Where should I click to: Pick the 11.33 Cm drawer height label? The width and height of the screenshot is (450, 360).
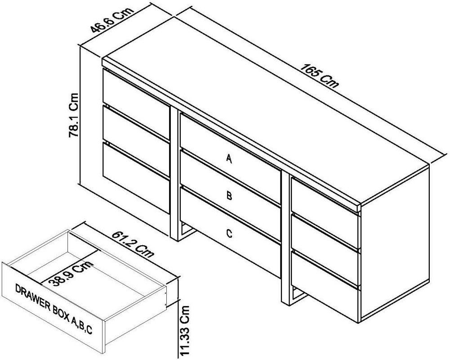(x=184, y=331)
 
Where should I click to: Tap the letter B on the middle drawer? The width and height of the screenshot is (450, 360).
(x=229, y=196)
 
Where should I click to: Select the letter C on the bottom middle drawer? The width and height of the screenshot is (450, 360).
(x=229, y=233)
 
